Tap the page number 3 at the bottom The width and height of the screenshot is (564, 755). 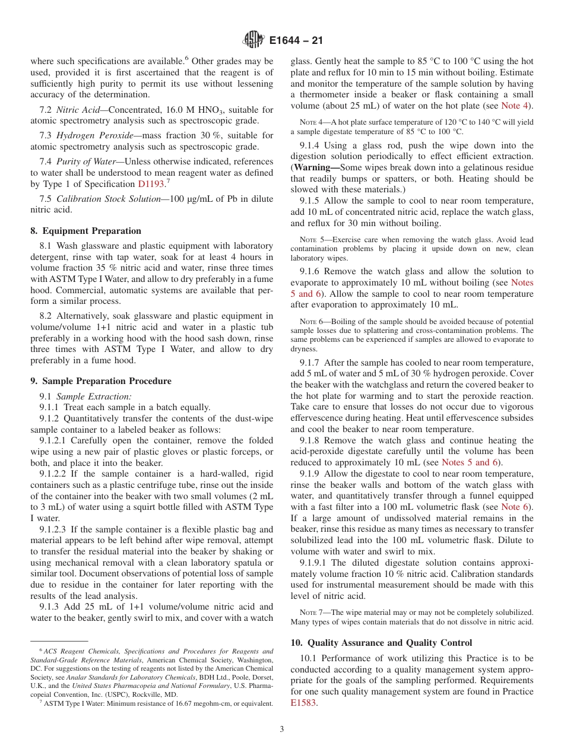click(282, 729)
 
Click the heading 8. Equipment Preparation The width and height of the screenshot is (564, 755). click(85, 231)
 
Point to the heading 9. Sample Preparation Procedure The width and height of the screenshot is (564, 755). click(101, 381)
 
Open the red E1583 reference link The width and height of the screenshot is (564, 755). click(300, 703)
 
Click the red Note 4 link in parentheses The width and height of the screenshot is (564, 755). click(516, 106)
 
